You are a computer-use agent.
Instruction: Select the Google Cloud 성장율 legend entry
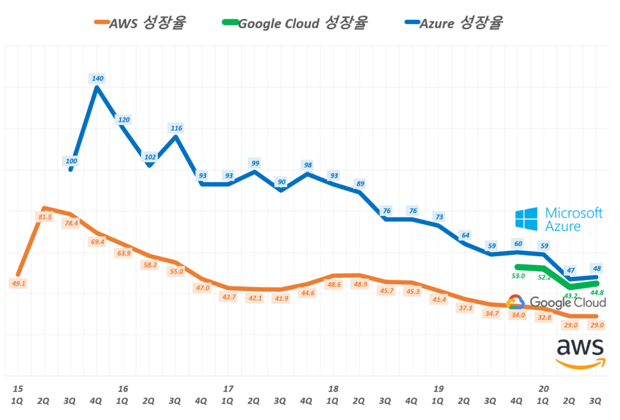point(295,24)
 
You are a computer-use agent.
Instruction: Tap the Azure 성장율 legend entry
point(455,23)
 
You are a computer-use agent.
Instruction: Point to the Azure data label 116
point(176,128)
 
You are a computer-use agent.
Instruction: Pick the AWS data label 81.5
point(45,217)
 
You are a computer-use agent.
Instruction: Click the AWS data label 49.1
point(18,282)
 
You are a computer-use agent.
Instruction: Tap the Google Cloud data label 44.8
point(598,293)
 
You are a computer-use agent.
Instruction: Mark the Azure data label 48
point(597,268)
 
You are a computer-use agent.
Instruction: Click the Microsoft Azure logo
point(558,219)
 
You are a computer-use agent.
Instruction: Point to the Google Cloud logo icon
point(515,302)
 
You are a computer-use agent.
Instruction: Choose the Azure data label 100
point(71,161)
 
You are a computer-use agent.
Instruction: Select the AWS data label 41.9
point(281,299)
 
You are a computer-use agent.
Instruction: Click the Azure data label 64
point(465,235)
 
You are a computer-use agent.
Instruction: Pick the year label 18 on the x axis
point(333,388)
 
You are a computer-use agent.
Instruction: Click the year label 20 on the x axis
point(543,388)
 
